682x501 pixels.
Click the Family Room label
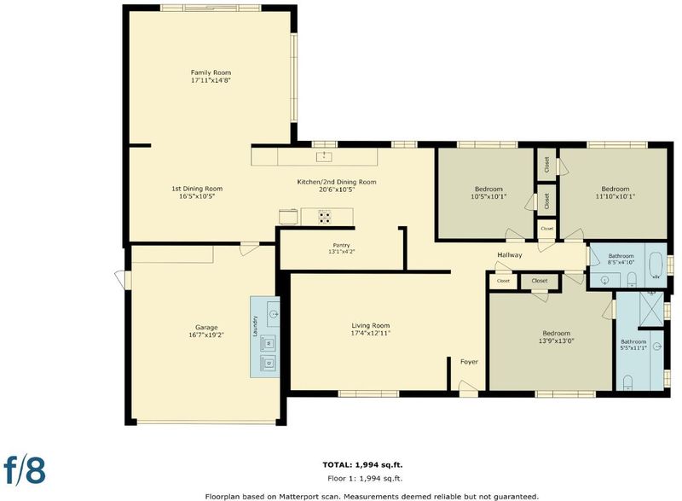211,73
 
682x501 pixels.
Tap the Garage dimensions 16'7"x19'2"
206,335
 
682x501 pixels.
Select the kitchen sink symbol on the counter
324,157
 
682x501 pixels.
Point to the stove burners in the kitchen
325,217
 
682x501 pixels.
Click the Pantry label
342,246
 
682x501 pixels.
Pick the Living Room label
371,325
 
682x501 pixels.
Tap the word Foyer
470,362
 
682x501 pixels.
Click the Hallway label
509,254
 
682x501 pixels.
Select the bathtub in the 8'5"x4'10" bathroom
656,265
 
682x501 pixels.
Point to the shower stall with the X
651,309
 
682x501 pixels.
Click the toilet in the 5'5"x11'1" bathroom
627,382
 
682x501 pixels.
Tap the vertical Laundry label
256,326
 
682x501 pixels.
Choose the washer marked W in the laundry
268,343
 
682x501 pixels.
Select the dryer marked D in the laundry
268,363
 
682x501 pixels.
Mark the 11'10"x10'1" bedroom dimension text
615,196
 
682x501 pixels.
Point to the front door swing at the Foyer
468,388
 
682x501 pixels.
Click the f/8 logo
25,469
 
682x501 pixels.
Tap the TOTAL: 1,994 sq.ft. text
366,465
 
